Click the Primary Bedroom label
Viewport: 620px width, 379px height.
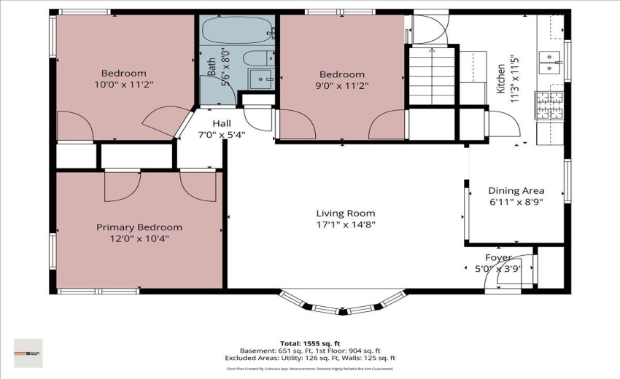point(139,227)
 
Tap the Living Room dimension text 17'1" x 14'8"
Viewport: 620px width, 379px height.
point(346,225)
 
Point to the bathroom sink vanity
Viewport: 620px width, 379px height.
point(259,78)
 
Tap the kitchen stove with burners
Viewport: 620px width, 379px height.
point(546,104)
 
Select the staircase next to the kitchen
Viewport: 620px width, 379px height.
point(432,76)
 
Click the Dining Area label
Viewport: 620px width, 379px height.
point(516,191)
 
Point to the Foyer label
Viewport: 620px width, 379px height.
point(498,258)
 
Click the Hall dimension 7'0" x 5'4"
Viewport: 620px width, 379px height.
point(222,135)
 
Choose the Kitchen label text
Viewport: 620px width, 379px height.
point(501,79)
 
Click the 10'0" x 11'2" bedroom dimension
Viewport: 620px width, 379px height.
point(123,85)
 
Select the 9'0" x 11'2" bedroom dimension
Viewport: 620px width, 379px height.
point(341,85)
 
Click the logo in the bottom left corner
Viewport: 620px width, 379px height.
point(28,353)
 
